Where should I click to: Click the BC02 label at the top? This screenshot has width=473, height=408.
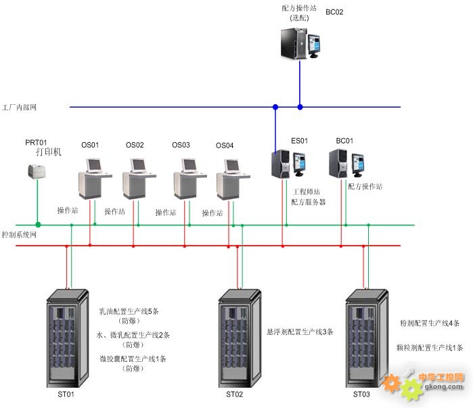[334, 12]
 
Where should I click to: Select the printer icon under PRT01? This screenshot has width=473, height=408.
[37, 172]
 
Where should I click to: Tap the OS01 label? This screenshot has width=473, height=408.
[90, 145]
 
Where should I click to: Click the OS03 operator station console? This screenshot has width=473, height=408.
[190, 179]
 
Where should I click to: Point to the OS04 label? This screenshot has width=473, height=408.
[225, 145]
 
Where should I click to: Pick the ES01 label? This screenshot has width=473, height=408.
[299, 141]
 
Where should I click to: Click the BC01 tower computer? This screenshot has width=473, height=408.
[338, 163]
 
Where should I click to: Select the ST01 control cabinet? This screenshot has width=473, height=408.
[68, 338]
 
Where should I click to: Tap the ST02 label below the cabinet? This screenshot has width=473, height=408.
[234, 394]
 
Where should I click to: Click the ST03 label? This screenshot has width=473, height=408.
[361, 394]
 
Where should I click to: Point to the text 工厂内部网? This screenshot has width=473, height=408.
[19, 108]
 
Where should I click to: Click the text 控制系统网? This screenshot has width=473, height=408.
[19, 235]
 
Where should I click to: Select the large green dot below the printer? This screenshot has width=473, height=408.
[38, 225]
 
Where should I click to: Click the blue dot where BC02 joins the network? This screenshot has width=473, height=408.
[300, 107]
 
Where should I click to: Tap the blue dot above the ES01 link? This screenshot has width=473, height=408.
[275, 107]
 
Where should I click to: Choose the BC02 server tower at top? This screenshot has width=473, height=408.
[294, 43]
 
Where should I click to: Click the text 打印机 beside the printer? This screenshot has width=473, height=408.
[49, 152]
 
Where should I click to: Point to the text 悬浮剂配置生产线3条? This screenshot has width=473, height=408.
[300, 332]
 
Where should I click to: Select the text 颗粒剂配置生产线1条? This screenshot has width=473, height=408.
[430, 348]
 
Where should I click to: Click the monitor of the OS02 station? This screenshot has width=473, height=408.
[139, 165]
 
